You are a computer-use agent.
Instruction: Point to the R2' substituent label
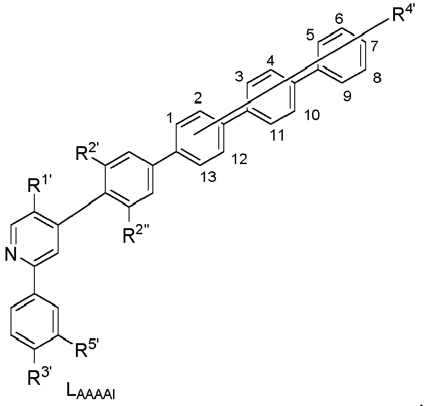pyautogui.click(x=86, y=154)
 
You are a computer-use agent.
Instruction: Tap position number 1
pyautogui.click(x=169, y=119)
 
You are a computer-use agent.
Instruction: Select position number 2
pyautogui.click(x=198, y=98)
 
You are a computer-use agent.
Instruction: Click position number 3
pyautogui.click(x=239, y=77)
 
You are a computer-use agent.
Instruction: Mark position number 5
pyautogui.click(x=310, y=35)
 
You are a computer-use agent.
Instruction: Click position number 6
pyautogui.click(x=339, y=19)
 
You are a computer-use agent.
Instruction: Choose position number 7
pyautogui.click(x=374, y=46)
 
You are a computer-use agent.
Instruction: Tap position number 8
pyautogui.click(x=377, y=78)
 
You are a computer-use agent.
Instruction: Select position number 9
pyautogui.click(x=347, y=96)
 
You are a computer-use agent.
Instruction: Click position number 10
pyautogui.click(x=312, y=115)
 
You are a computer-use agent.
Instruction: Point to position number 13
pyautogui.click(x=209, y=177)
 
